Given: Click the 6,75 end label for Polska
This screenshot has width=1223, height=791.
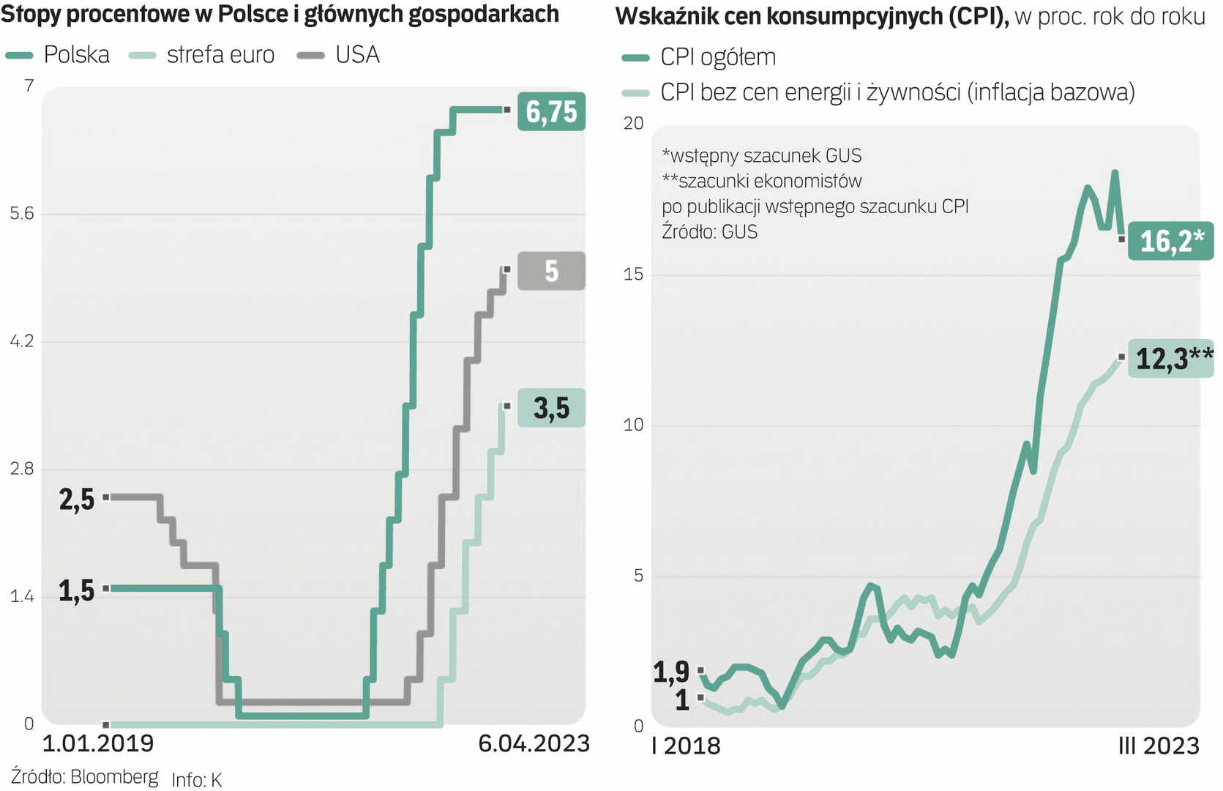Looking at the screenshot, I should (x=551, y=112).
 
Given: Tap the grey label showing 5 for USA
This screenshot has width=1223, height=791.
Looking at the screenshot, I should (x=551, y=271).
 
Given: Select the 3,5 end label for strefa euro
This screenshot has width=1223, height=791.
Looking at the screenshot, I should (x=551, y=408).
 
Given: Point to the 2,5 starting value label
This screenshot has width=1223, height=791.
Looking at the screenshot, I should (x=77, y=500).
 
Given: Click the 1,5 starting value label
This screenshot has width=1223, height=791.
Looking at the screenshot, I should (x=77, y=590).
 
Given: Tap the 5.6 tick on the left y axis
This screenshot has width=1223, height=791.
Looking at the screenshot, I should (x=22, y=213).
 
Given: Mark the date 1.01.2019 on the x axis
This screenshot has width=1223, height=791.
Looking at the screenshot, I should (x=98, y=743).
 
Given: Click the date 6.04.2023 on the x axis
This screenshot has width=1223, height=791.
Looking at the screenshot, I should (x=534, y=743).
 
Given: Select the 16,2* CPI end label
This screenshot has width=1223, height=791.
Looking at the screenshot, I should (x=1170, y=240).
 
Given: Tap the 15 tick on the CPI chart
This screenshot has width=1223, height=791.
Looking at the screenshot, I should (x=633, y=274).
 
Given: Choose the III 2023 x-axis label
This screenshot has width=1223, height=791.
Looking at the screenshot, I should (x=1159, y=746).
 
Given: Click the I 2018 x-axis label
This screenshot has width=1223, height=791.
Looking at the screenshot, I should (x=686, y=746).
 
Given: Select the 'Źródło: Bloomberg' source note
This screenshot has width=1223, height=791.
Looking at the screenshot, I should (x=84, y=776).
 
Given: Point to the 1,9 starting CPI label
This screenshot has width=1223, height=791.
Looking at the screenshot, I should (x=671, y=671).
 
